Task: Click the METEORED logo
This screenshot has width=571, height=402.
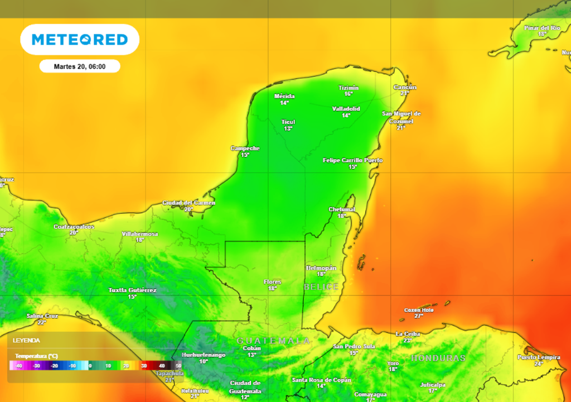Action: tap(80, 40)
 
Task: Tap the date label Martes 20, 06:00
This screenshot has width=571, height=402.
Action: tap(79, 66)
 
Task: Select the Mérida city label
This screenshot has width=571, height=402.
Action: tap(284, 97)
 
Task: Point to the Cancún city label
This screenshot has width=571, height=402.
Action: tap(405, 88)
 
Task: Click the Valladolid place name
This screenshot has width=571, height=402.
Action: tap(346, 109)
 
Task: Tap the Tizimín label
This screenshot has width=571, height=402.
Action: tap(349, 88)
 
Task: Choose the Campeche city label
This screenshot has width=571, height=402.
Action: tap(245, 149)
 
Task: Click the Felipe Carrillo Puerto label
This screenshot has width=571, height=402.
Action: tap(352, 161)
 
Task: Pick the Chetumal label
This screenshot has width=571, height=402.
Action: tap(342, 210)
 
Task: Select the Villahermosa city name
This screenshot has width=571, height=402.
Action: tap(140, 234)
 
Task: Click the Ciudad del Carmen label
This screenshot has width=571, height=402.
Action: tap(188, 203)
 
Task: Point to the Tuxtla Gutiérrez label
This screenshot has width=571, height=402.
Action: tap(132, 290)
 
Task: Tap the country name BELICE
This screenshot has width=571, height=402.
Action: tap(321, 287)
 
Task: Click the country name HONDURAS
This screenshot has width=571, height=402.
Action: tap(438, 358)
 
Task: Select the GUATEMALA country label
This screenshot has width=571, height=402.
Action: tap(273, 340)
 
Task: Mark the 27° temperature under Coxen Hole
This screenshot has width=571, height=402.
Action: tap(419, 316)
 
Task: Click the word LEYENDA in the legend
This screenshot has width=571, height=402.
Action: tap(27, 340)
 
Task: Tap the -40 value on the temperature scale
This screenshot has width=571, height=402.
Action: tap(18, 366)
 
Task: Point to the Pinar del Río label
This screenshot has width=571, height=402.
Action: tap(542, 28)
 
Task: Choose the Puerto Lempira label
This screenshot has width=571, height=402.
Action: tap(538, 357)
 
